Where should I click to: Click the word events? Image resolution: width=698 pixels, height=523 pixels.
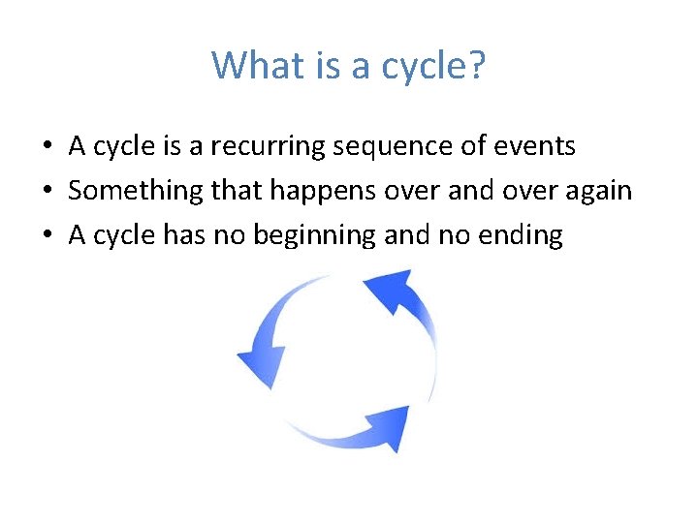click(539, 146)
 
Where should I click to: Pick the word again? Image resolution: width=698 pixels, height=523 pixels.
click(598, 191)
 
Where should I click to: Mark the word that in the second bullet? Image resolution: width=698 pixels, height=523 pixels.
click(238, 191)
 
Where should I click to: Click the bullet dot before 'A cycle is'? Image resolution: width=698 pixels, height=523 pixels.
click(47, 147)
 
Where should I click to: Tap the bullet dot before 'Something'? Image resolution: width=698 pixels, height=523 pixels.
click(47, 192)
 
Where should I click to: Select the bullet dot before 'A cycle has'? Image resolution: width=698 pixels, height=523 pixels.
click(47, 236)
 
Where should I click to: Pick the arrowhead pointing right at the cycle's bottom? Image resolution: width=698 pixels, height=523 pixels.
click(388, 427)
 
